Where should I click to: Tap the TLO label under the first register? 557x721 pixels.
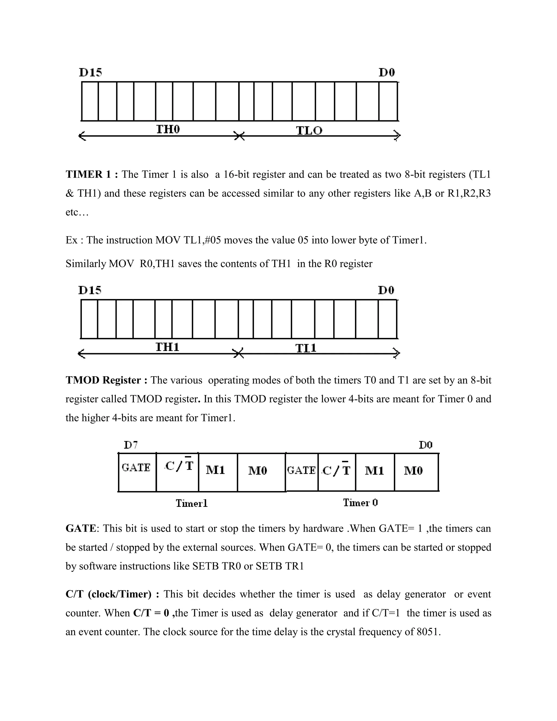tap(309, 131)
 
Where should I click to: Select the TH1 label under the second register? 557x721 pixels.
tap(167, 347)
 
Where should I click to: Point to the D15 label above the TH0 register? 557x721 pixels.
tap(90, 72)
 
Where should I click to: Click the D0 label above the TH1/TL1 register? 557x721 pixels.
tap(386, 290)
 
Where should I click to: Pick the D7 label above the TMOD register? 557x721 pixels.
tap(131, 445)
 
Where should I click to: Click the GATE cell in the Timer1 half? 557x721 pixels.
tap(136, 467)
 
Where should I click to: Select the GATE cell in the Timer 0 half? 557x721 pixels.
tap(301, 470)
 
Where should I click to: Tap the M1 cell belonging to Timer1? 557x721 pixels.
tap(215, 470)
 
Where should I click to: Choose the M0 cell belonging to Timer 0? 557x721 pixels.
tap(413, 470)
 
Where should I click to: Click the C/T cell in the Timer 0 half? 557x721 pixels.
tap(336, 470)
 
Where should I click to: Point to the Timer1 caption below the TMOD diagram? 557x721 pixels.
tap(191, 503)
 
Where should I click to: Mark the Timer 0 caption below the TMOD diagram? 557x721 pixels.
tap(360, 503)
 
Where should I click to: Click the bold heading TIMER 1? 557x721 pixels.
tap(92, 174)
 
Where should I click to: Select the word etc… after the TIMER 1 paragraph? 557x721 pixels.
tap(77, 212)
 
